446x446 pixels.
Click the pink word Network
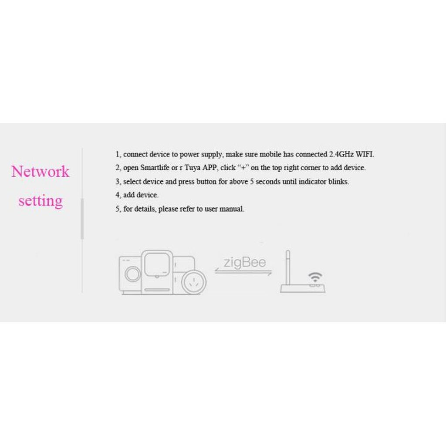[40, 172]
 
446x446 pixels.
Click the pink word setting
[41, 201]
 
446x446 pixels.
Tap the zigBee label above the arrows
[245, 262]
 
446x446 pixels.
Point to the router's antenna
[288, 267]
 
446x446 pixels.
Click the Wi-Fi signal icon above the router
[315, 277]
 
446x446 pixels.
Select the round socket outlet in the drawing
[194, 282]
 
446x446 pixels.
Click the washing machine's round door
[132, 274]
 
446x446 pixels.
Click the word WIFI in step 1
[365, 154]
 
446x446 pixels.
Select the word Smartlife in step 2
[155, 168]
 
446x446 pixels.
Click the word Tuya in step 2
[192, 168]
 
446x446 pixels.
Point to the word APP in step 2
[210, 168]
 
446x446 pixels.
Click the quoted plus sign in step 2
[243, 168]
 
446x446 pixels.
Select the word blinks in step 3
[338, 182]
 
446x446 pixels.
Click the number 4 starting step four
[118, 195]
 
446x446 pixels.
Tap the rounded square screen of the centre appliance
[157, 264]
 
